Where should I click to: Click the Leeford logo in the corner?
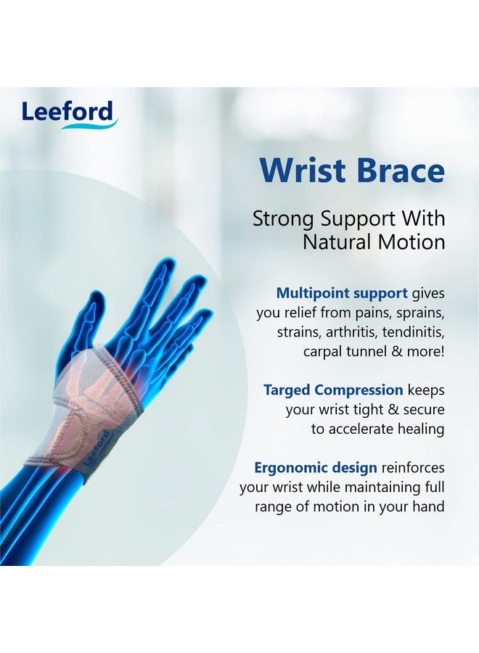tap(69, 114)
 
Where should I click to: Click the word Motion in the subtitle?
tap(414, 241)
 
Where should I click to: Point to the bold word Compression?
tap(363, 390)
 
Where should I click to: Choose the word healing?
tap(419, 429)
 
